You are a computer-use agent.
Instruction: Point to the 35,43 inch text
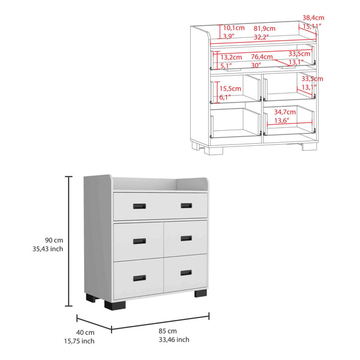point(49,249)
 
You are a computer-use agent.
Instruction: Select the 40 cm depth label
point(86,332)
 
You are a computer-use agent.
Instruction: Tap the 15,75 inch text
point(81,341)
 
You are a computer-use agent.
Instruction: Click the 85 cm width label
point(168,331)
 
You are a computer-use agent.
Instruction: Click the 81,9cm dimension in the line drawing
point(265,28)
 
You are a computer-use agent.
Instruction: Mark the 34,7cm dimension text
point(285,112)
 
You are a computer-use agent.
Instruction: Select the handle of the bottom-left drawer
point(139,278)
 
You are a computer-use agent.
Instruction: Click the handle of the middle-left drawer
point(139,241)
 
